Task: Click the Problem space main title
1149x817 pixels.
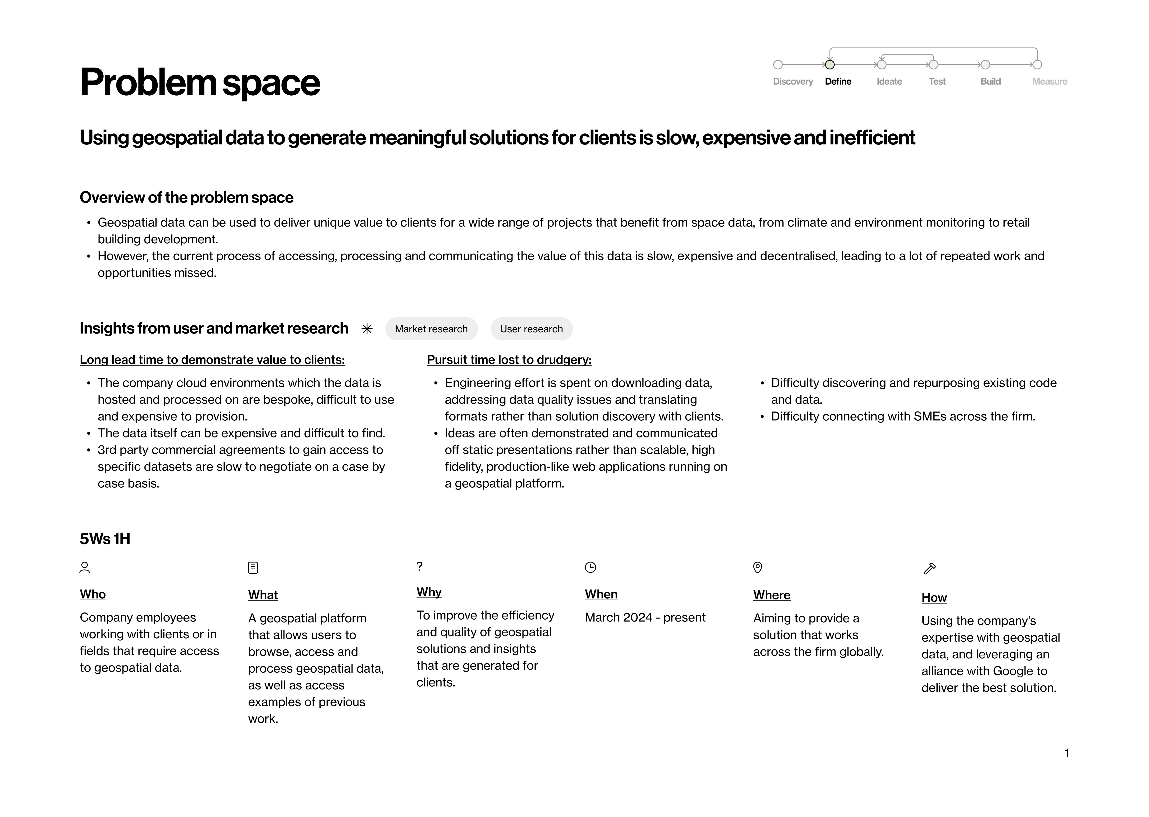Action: click(x=200, y=82)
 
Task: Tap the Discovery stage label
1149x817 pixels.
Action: click(x=793, y=82)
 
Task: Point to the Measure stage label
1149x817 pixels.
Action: click(x=1049, y=82)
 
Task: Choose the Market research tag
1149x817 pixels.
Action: click(x=431, y=329)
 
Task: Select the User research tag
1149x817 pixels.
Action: click(x=531, y=329)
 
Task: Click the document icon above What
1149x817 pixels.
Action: click(x=253, y=568)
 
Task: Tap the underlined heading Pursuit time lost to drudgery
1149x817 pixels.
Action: click(x=509, y=360)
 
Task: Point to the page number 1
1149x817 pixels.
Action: click(x=1066, y=753)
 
